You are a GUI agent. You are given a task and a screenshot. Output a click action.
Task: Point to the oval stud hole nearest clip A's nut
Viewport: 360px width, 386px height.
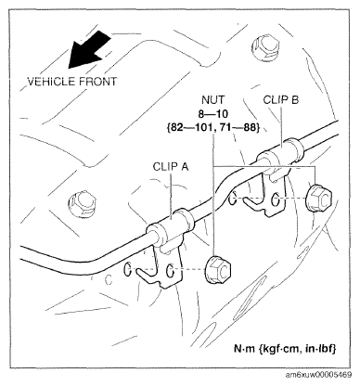174,271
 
